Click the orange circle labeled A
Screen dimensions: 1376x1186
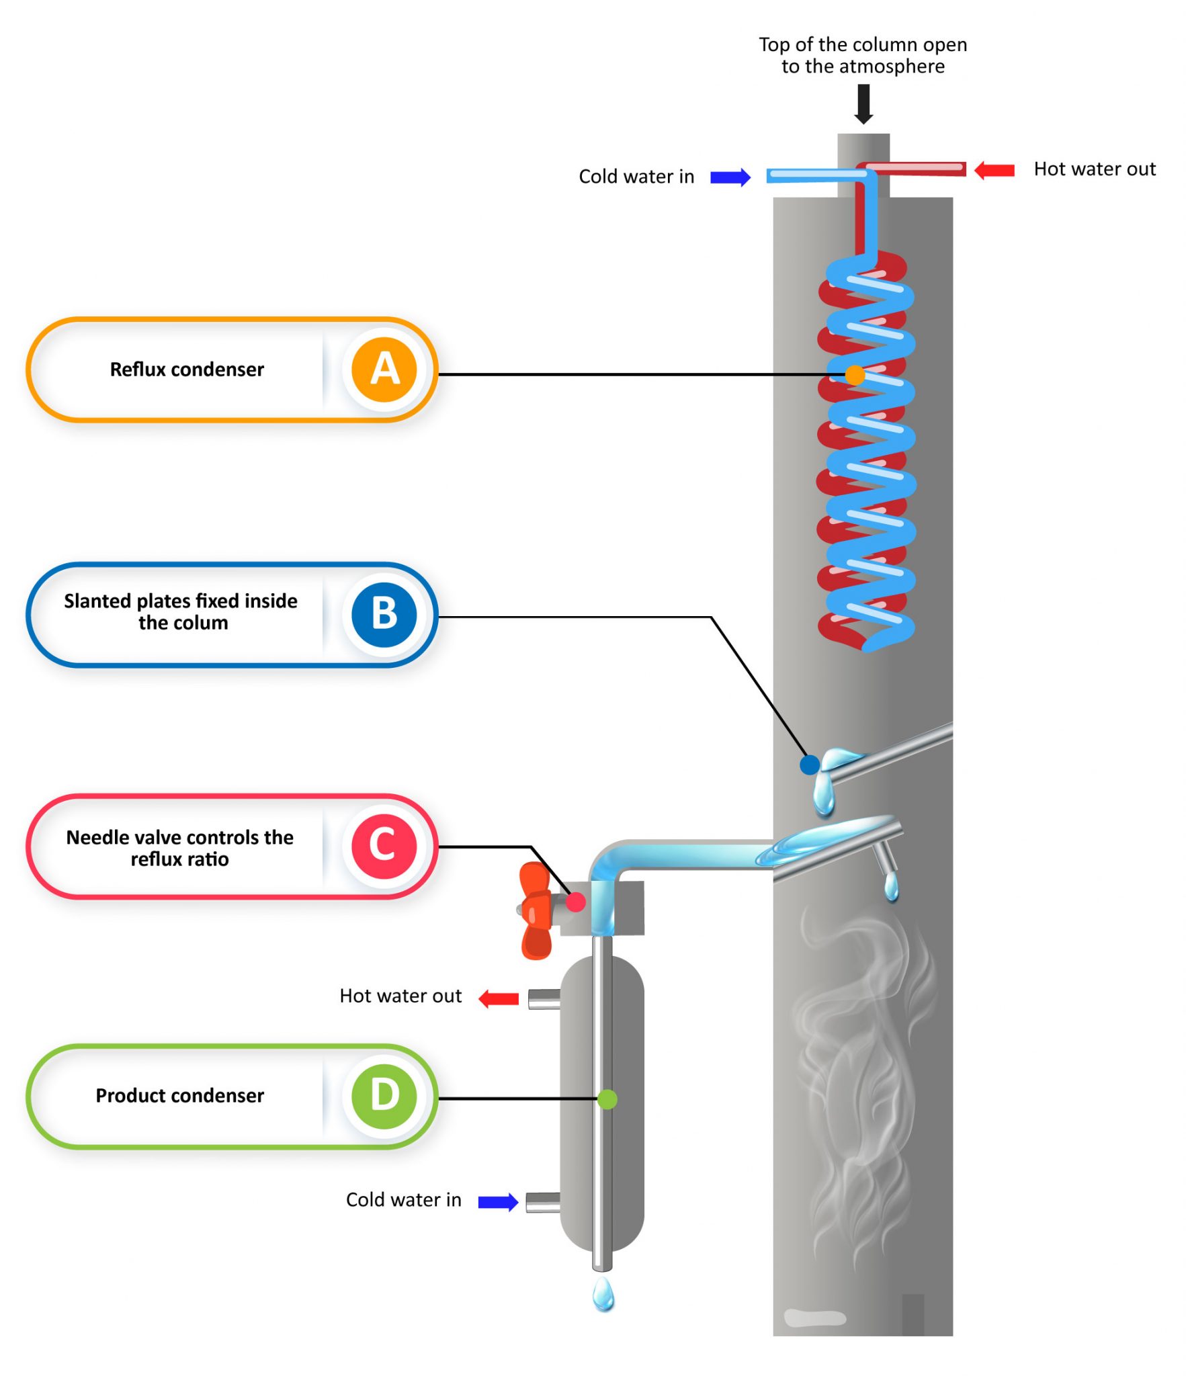[x=384, y=369]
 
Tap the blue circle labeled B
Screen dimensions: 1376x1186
[x=384, y=613]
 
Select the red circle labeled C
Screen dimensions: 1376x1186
[x=384, y=845]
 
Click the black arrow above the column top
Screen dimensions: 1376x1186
[x=863, y=103]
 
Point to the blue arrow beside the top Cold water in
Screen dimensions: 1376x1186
[x=729, y=177]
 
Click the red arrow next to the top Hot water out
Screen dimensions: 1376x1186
[x=994, y=170]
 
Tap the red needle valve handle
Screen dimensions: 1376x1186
[x=536, y=910]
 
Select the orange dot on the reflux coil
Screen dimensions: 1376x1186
[x=854, y=374]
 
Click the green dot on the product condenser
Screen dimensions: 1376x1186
[x=606, y=1099]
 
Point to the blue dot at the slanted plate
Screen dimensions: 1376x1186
[x=809, y=764]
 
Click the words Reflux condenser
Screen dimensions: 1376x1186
[x=187, y=370]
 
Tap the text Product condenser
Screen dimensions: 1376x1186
[x=179, y=1095]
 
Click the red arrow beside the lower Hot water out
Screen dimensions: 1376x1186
[x=498, y=998]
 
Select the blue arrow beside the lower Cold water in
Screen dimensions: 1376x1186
[x=497, y=1201]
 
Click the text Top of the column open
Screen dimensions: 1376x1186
[x=862, y=44]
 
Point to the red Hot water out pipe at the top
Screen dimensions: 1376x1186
[x=914, y=168]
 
